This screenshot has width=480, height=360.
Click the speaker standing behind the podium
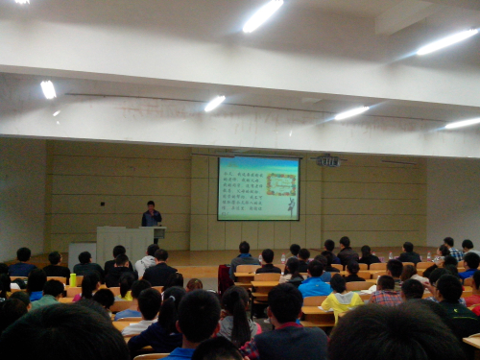151,214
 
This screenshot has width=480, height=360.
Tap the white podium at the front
125,241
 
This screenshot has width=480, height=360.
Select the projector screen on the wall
258,188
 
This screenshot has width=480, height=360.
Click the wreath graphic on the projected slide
281,183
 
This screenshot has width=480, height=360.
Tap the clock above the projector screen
328,161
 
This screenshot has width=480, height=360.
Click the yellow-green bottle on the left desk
73,279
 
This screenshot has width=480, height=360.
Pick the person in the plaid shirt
386,293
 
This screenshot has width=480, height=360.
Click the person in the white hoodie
147,259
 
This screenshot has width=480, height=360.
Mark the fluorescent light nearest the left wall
48,89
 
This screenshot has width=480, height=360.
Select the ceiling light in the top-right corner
447,41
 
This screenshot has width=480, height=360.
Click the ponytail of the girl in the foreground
234,327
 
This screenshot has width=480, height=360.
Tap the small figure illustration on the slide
291,204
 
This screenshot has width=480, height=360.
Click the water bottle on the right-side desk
428,256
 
